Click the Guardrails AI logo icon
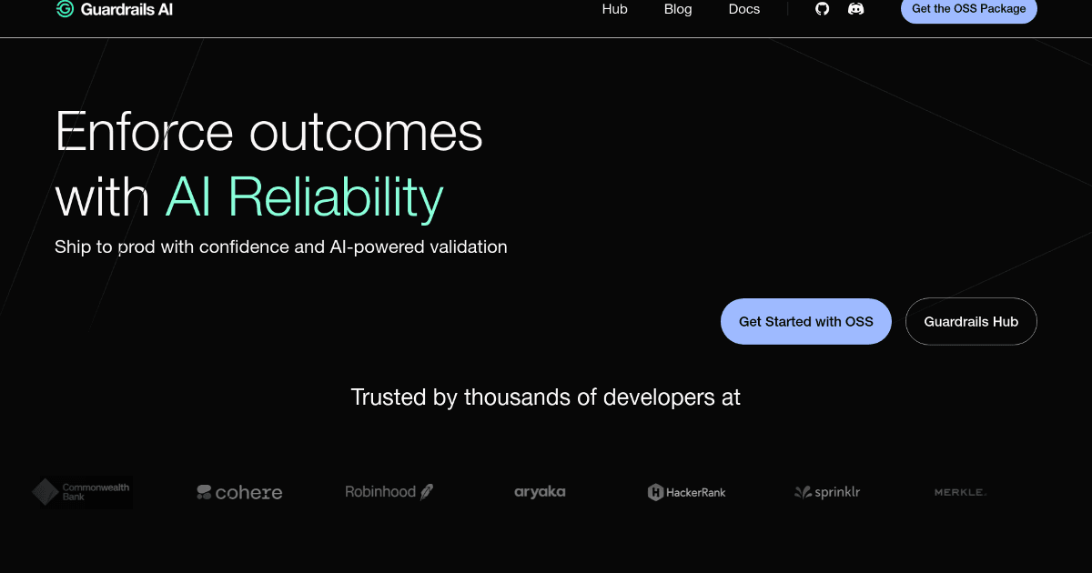[65, 9]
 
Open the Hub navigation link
[615, 9]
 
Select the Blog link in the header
[678, 9]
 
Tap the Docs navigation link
[744, 9]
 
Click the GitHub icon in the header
[823, 9]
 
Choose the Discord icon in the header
[855, 9]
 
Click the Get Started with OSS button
[805, 321]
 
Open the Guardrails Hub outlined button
[971, 321]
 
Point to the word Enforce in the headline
[145, 132]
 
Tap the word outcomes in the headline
[366, 132]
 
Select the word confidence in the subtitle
[246, 246]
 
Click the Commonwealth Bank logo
[82, 492]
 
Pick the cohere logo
[239, 493]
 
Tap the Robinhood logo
[389, 492]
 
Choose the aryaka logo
[540, 492]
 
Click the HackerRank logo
[686, 493]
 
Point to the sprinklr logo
[827, 493]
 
